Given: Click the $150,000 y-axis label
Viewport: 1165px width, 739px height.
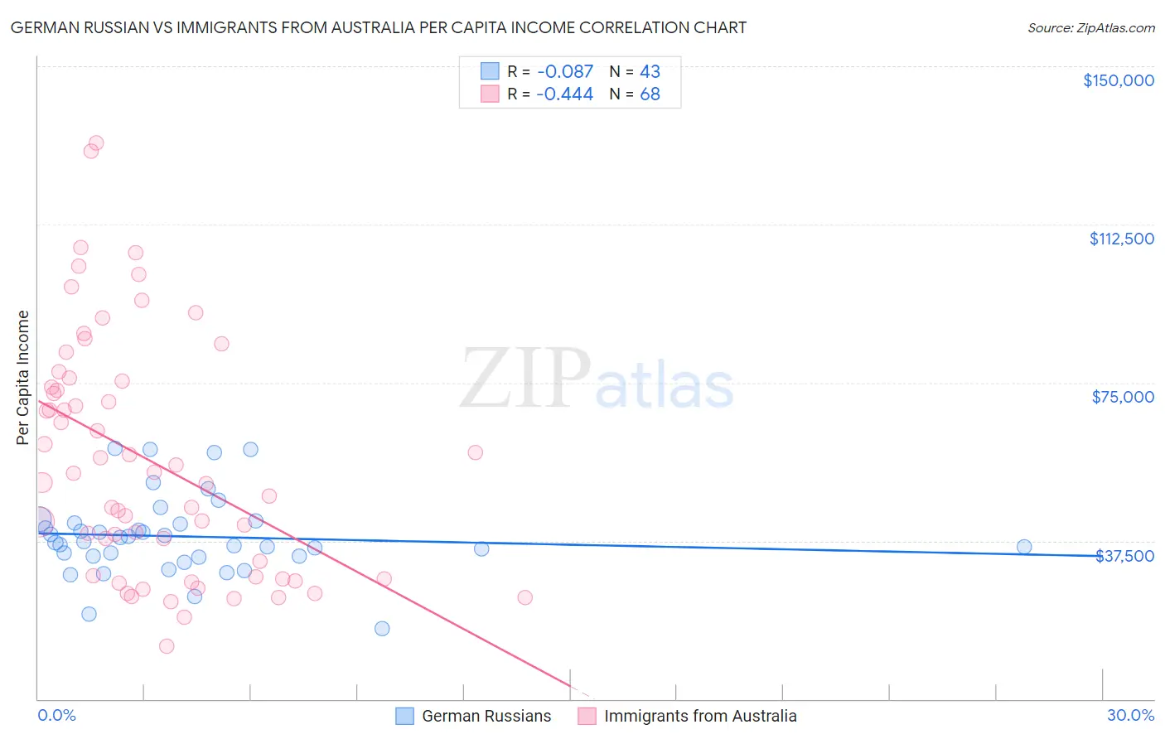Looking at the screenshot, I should pos(1118,80).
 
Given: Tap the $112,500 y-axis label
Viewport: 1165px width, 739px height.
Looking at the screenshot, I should pos(1121,239).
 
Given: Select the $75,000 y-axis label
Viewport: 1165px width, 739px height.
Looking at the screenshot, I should pos(1123,397).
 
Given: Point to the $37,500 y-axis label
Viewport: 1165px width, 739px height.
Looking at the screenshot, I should pos(1124,556).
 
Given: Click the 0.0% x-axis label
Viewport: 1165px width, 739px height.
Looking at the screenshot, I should pos(56,715).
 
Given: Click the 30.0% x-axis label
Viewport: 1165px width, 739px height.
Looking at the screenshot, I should pos(1130,715).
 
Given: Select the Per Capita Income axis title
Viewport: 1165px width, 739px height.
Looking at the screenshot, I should pos(23,377).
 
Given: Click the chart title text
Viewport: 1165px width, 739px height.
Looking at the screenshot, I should pos(379,27).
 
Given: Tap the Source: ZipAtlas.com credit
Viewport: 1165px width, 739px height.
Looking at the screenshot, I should pos(1090,27).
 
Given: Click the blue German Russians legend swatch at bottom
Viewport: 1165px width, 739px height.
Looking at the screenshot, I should pos(404,716).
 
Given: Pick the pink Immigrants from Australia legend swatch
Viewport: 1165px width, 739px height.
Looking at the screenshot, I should pos(587,716).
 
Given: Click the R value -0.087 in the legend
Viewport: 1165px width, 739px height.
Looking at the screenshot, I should pos(564,72).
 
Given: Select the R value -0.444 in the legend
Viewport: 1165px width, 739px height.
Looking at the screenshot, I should pos(564,94).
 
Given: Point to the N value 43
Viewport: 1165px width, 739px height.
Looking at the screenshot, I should pos(650,72).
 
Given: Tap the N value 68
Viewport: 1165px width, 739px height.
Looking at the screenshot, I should pos(650,94).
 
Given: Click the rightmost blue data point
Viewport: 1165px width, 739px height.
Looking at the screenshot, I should pos(1024,547).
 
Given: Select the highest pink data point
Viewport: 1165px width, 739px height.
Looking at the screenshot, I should pos(96,143).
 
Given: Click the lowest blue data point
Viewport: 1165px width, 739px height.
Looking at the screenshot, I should pos(382,628).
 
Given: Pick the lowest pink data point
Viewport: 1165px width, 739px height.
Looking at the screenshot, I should pos(167,646).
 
